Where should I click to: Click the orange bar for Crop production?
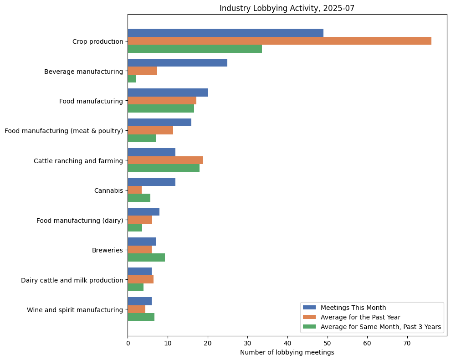(x=279, y=41)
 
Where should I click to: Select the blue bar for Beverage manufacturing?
(x=177, y=63)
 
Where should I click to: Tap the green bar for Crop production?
(x=195, y=49)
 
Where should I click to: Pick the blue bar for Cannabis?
(x=151, y=182)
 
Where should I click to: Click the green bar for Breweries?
(x=146, y=257)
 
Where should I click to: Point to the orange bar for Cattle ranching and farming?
(x=165, y=160)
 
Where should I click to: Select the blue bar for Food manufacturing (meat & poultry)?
(x=159, y=123)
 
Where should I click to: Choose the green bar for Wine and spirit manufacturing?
(x=141, y=317)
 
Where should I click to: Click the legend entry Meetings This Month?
(x=353, y=307)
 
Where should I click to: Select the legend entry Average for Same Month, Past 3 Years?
(x=380, y=326)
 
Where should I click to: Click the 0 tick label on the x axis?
(x=128, y=343)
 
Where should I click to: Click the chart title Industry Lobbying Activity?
(x=287, y=8)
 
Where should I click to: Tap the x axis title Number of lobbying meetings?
(x=287, y=352)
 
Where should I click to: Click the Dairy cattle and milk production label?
(x=72, y=280)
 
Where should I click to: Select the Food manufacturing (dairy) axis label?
(x=80, y=221)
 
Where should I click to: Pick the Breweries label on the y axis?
(x=108, y=250)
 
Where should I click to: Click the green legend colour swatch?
(x=309, y=326)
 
